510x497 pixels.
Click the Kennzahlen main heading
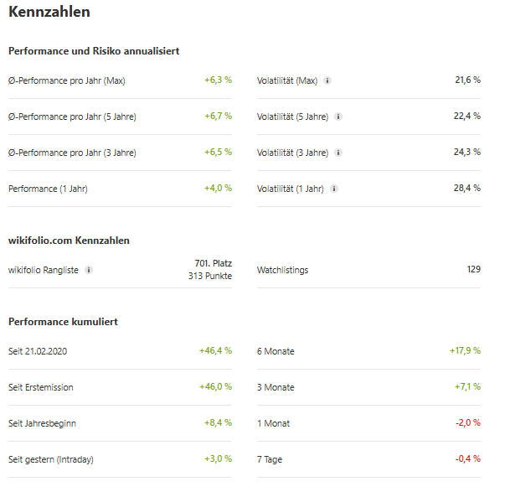49,13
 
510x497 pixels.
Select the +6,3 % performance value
218,80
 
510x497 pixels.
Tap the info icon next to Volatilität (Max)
327,81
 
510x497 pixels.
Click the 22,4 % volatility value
467,116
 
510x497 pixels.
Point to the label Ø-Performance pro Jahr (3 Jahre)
72,153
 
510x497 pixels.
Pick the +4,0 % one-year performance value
218,189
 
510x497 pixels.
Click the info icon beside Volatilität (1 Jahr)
333,189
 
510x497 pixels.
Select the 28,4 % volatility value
467,189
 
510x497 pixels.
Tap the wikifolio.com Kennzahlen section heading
69,241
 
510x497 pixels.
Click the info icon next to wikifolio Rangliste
90,270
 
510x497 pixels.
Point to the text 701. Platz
213,263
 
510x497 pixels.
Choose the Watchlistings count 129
473,270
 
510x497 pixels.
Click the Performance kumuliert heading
63,322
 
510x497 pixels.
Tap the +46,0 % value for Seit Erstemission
215,387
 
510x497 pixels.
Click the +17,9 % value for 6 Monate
465,351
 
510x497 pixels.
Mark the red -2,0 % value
467,423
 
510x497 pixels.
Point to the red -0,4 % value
467,459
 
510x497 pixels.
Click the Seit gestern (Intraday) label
51,459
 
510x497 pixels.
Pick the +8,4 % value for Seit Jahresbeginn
218,423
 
